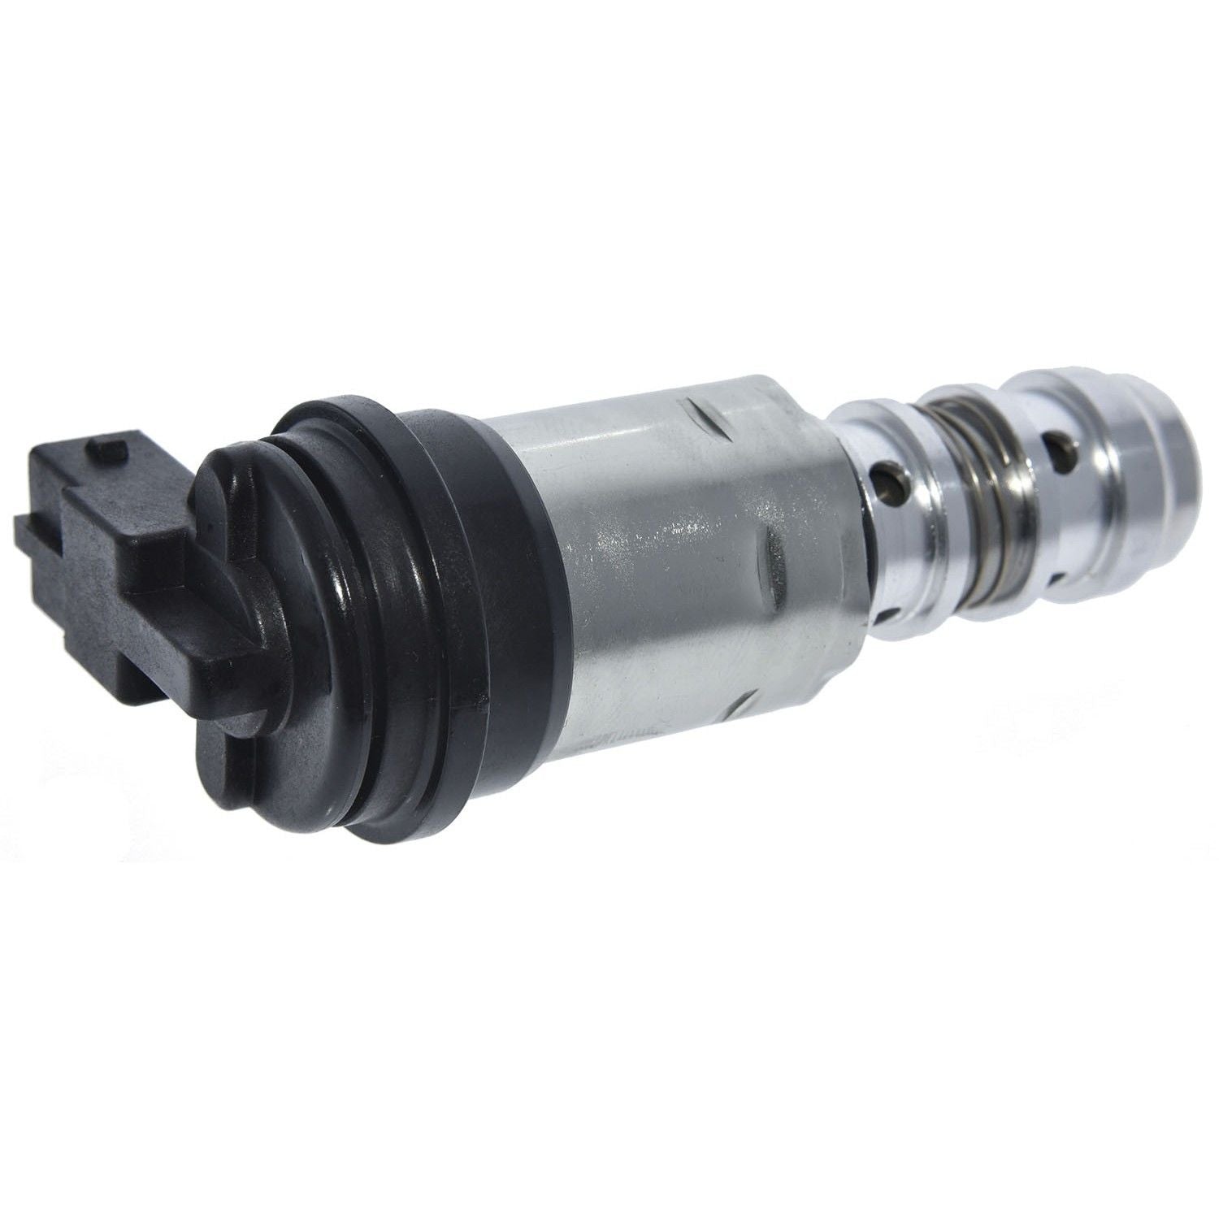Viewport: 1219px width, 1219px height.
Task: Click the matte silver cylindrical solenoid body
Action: [650, 569]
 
